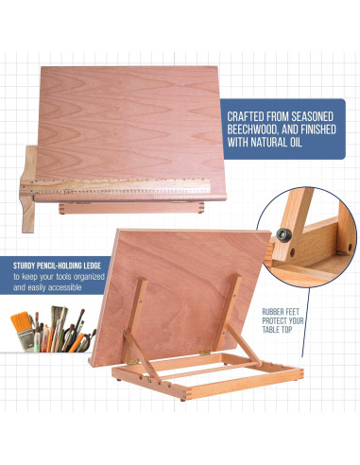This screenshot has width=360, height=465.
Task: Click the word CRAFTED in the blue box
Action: (249, 116)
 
